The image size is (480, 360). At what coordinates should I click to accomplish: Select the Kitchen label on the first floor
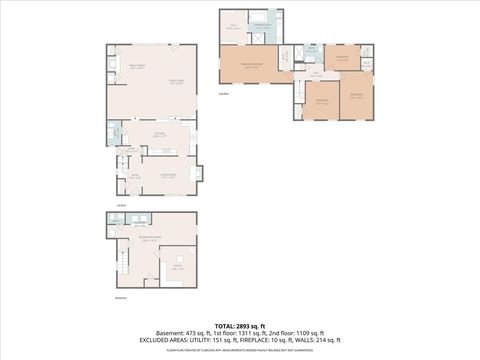[x=158, y=133]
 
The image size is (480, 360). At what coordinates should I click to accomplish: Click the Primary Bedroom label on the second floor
[x=235, y=67]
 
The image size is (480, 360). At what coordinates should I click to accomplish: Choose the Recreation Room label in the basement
[x=151, y=237]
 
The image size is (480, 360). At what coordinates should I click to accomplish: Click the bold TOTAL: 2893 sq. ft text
[x=239, y=325]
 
